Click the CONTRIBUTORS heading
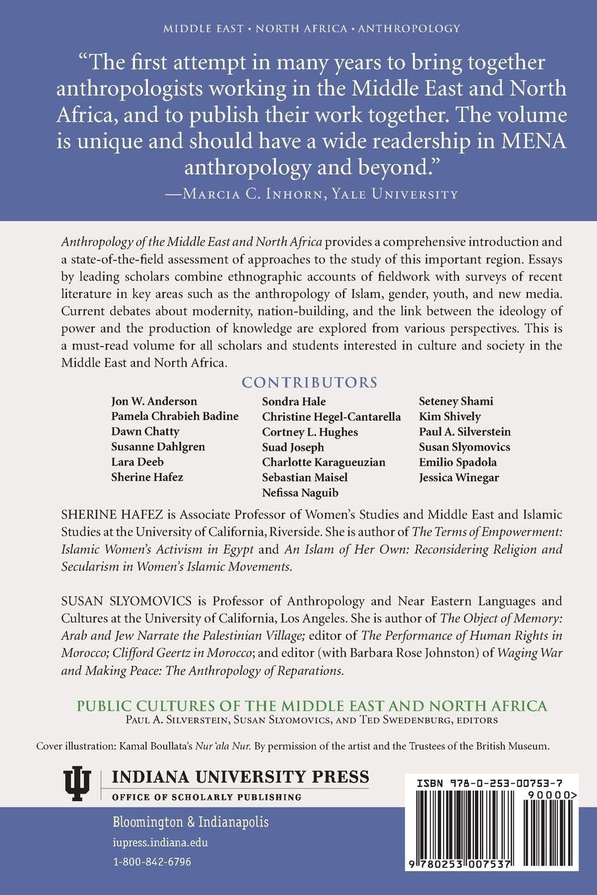pyautogui.click(x=309, y=382)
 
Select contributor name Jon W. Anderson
pyautogui.click(x=154, y=401)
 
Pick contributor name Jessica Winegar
pyautogui.click(x=458, y=477)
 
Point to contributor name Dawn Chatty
pyautogui.click(x=145, y=432)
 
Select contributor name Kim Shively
pyautogui.click(x=450, y=417)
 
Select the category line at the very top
pyautogui.click(x=298, y=28)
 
